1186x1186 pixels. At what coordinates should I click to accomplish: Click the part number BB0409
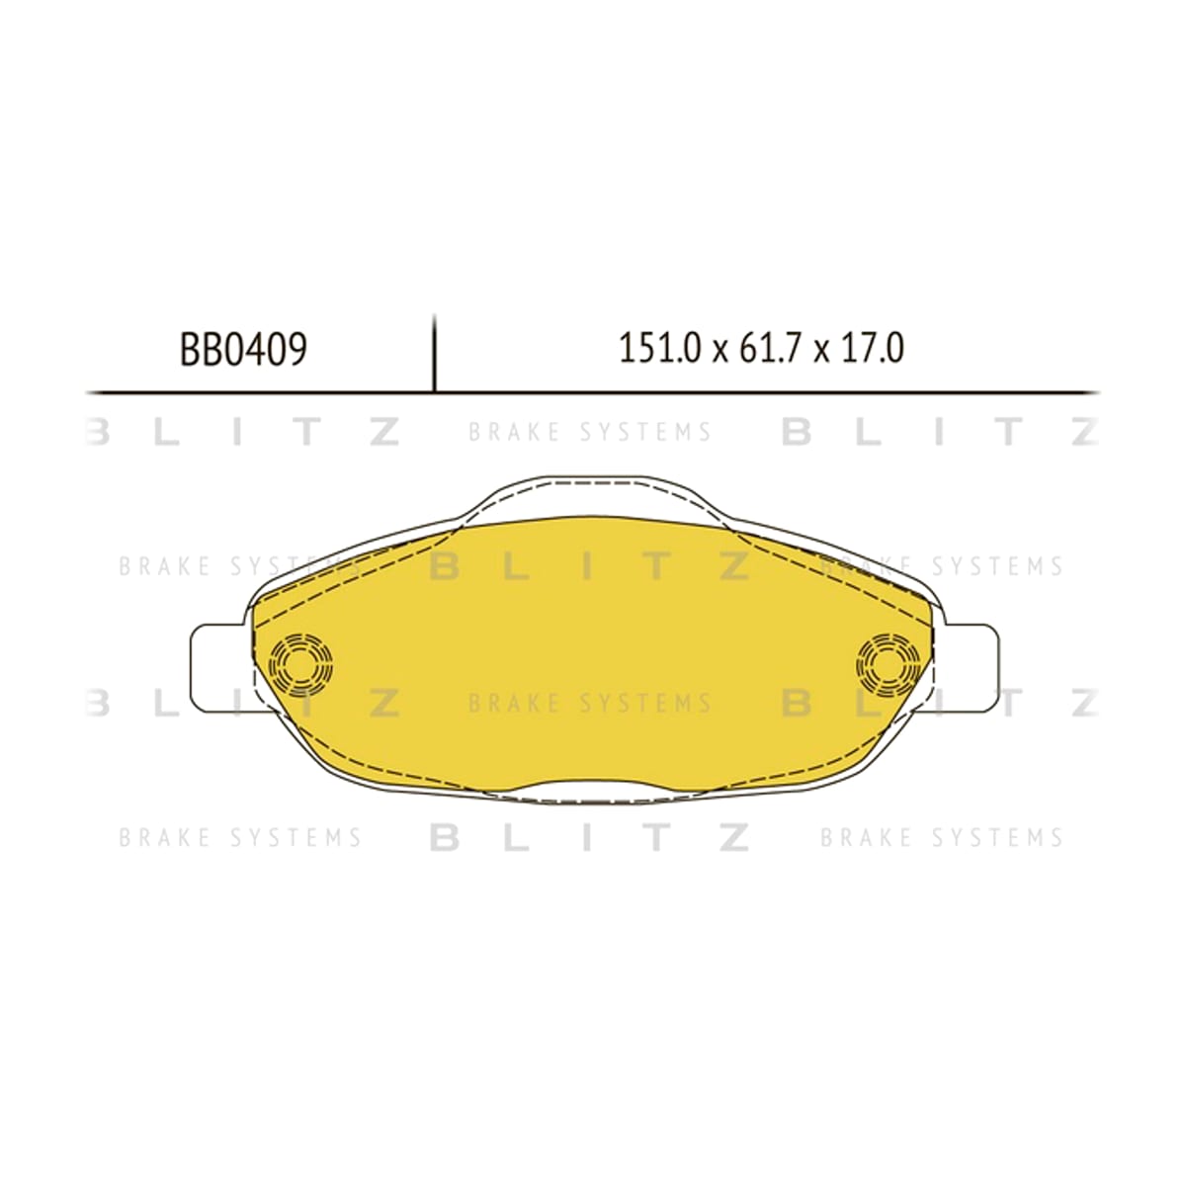tap(243, 350)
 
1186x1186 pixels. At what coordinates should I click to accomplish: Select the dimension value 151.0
tap(660, 348)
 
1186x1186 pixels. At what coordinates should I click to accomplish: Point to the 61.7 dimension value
tap(770, 348)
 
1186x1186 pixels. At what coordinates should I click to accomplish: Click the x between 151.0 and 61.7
tap(720, 353)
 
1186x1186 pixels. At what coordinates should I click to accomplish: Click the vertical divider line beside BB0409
tap(435, 353)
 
